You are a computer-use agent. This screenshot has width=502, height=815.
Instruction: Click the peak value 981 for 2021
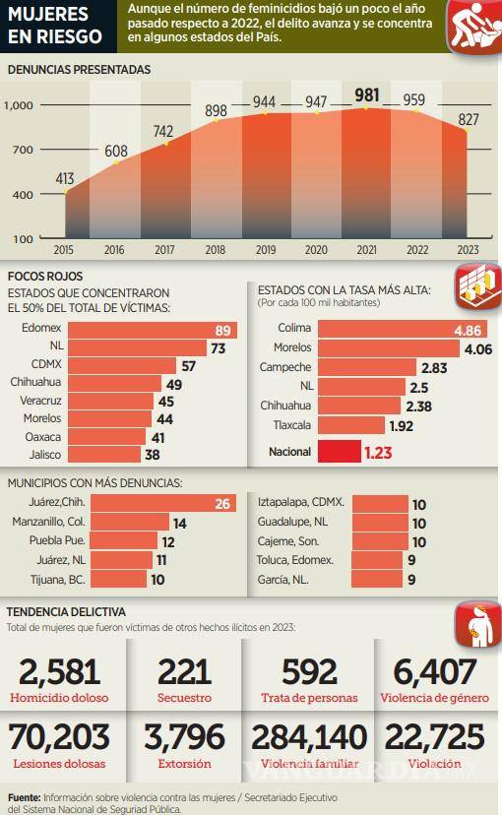[x=366, y=94]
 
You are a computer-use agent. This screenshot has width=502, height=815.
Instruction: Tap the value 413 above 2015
[x=65, y=178]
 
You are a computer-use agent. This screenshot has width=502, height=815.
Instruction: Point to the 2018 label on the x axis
[x=215, y=251]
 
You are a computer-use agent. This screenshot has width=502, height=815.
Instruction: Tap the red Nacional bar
[x=340, y=452]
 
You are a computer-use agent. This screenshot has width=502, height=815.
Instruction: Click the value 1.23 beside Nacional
[x=379, y=453]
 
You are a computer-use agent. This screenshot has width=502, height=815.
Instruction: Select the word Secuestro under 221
[x=184, y=698]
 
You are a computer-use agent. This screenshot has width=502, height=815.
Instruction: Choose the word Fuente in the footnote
[x=24, y=797]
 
